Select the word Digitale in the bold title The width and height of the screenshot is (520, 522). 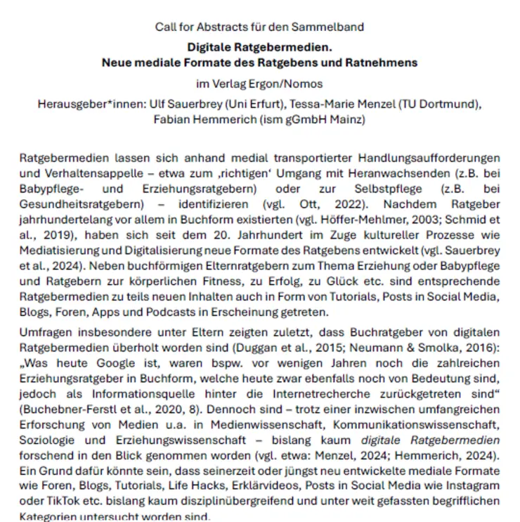tap(211, 48)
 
